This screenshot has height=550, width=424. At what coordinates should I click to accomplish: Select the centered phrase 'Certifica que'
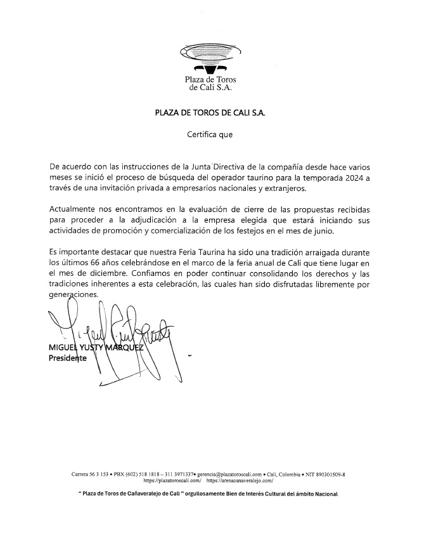[x=210, y=134]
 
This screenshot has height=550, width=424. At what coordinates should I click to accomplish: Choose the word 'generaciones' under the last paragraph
[x=74, y=295]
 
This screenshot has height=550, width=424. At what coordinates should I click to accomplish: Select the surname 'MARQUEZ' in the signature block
[x=123, y=348]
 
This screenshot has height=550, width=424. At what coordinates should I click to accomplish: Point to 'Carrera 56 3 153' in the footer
[x=93, y=474]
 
